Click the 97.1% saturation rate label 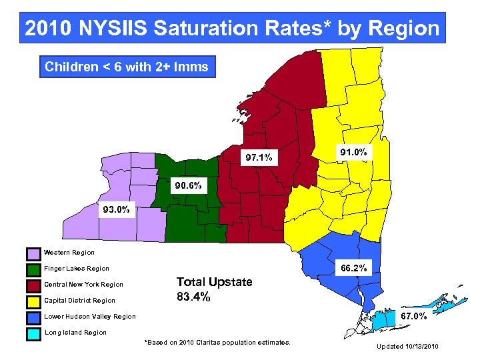pyautogui.click(x=258, y=158)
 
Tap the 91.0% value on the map pyautogui.click(x=353, y=153)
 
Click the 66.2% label pyautogui.click(x=354, y=268)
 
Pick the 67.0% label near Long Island pyautogui.click(x=413, y=316)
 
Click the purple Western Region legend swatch pyautogui.click(x=33, y=253)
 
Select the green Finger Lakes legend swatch pyautogui.click(x=33, y=269)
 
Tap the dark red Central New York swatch pyautogui.click(x=33, y=285)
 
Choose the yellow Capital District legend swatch pyautogui.click(x=33, y=301)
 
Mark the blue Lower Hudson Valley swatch pyautogui.click(x=33, y=317)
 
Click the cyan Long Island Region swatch pyautogui.click(x=33, y=333)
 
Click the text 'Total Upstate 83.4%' pyautogui.click(x=213, y=289)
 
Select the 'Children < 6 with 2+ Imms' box pyautogui.click(x=127, y=67)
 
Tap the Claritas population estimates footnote pyautogui.click(x=217, y=342)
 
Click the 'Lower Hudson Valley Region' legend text pyautogui.click(x=89, y=317)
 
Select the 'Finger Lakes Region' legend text pyautogui.click(x=76, y=269)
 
